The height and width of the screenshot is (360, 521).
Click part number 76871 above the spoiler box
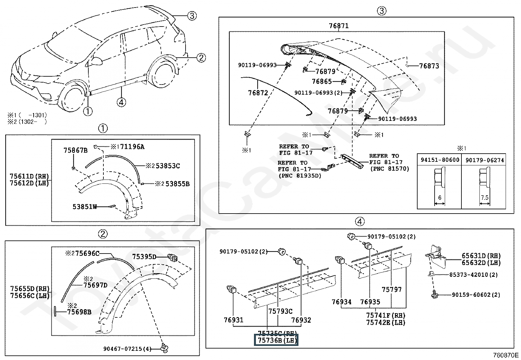[x=338, y=26]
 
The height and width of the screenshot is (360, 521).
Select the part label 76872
[x=258, y=93]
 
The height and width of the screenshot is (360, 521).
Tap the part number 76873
[x=429, y=66]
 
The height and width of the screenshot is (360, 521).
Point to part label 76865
[x=322, y=81]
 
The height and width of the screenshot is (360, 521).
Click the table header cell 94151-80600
[x=440, y=160]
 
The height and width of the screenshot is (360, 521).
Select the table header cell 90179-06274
[x=485, y=160]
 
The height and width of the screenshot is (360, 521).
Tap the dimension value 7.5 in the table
[x=485, y=198]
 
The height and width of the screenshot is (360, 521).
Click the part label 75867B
[x=75, y=150]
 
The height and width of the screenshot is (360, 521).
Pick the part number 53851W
[x=85, y=207]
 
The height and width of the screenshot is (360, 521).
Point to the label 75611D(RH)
[x=29, y=176]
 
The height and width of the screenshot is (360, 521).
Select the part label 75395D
[x=144, y=256]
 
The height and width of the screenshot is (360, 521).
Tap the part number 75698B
[x=79, y=312]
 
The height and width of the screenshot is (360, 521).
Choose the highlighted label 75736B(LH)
[x=277, y=340]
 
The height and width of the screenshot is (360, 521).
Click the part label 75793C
[x=280, y=311]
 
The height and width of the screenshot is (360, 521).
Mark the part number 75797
[x=391, y=290]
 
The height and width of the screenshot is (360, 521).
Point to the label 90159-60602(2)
[x=476, y=295]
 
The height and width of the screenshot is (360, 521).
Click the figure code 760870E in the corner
[x=506, y=355]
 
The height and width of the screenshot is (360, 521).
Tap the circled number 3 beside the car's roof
[x=192, y=15]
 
